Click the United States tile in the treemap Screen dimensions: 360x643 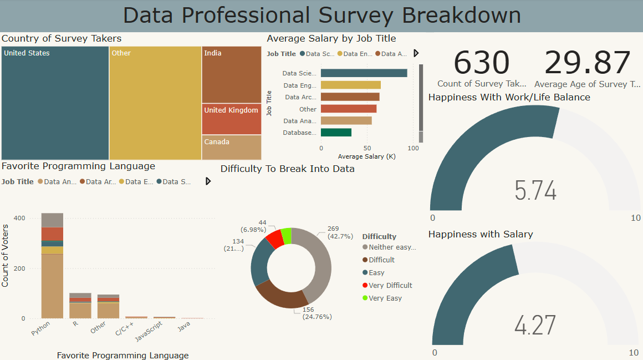click(55, 103)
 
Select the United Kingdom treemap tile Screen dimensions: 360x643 click(231, 119)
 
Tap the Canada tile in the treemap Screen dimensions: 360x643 click(231, 148)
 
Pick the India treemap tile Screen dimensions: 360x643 click(231, 75)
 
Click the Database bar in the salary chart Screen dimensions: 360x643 click(336, 133)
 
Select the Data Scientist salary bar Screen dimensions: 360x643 click(364, 73)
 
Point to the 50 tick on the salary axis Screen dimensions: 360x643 click(367, 148)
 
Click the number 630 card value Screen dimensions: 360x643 click(481, 63)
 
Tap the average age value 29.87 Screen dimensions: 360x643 click(588, 63)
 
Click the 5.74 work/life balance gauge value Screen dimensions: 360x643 click(535, 191)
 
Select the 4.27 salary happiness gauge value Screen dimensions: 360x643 click(535, 325)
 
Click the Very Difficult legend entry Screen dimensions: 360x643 click(390, 286)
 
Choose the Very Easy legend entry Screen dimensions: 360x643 click(385, 298)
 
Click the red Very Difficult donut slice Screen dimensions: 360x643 click(274, 239)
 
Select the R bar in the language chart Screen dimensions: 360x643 click(80, 306)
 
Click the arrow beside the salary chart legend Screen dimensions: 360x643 click(416, 53)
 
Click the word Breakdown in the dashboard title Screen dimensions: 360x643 click(461, 16)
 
